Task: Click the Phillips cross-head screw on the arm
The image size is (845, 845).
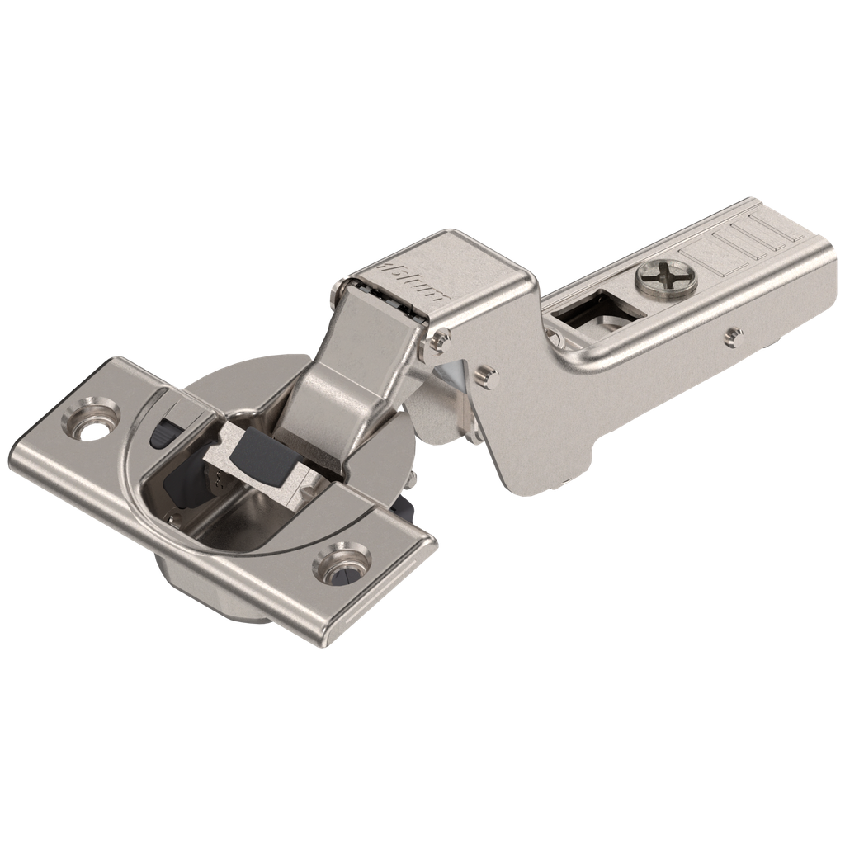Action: coord(666,278)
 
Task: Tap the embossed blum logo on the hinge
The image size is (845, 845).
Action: coord(413,281)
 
